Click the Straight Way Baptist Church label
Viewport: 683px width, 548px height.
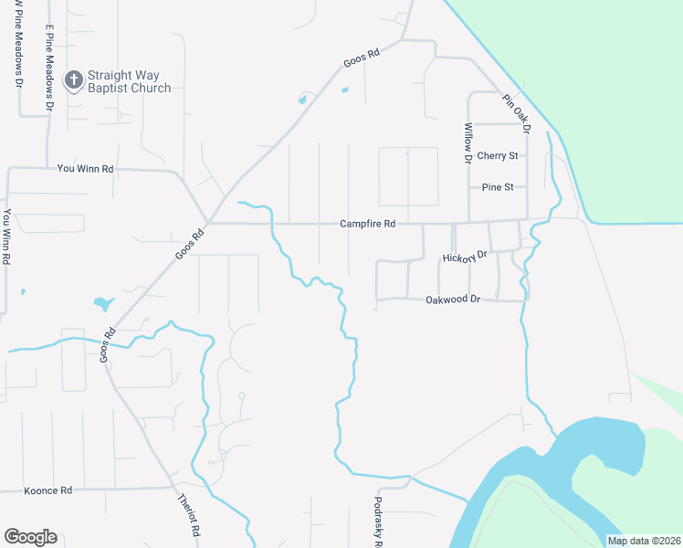pyautogui.click(x=129, y=81)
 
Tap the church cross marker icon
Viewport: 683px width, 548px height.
pyautogui.click(x=73, y=81)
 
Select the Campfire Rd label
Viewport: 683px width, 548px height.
pyautogui.click(x=367, y=224)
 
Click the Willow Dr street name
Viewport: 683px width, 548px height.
pyautogui.click(x=468, y=142)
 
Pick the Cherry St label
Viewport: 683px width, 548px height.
pyautogui.click(x=498, y=156)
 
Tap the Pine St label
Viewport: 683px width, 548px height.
pyautogui.click(x=498, y=187)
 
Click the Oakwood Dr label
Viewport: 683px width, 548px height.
pyautogui.click(x=452, y=300)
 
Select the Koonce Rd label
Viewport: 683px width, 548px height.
pyautogui.click(x=47, y=490)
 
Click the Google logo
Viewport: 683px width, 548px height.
pyautogui.click(x=30, y=537)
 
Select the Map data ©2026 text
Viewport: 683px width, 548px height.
pyautogui.click(x=643, y=541)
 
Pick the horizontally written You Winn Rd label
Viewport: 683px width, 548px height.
pyautogui.click(x=85, y=169)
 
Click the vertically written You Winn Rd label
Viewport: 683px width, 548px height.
pyautogui.click(x=6, y=237)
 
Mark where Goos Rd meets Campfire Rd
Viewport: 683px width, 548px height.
pyautogui.click(x=208, y=222)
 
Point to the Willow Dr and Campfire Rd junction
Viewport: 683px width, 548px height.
pyautogui.click(x=468, y=222)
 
